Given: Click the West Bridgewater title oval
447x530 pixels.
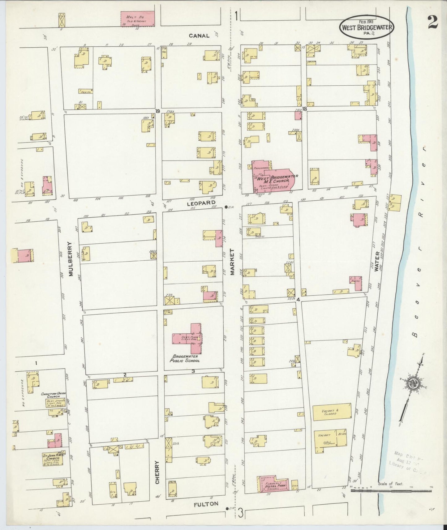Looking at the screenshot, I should click(367, 27).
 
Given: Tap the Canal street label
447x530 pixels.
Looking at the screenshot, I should click(199, 36).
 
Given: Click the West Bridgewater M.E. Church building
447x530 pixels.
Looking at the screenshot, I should click(272, 177).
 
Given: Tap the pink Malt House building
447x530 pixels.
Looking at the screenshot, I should click(137, 19).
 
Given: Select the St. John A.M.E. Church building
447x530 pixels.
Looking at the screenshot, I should click(53, 459).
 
